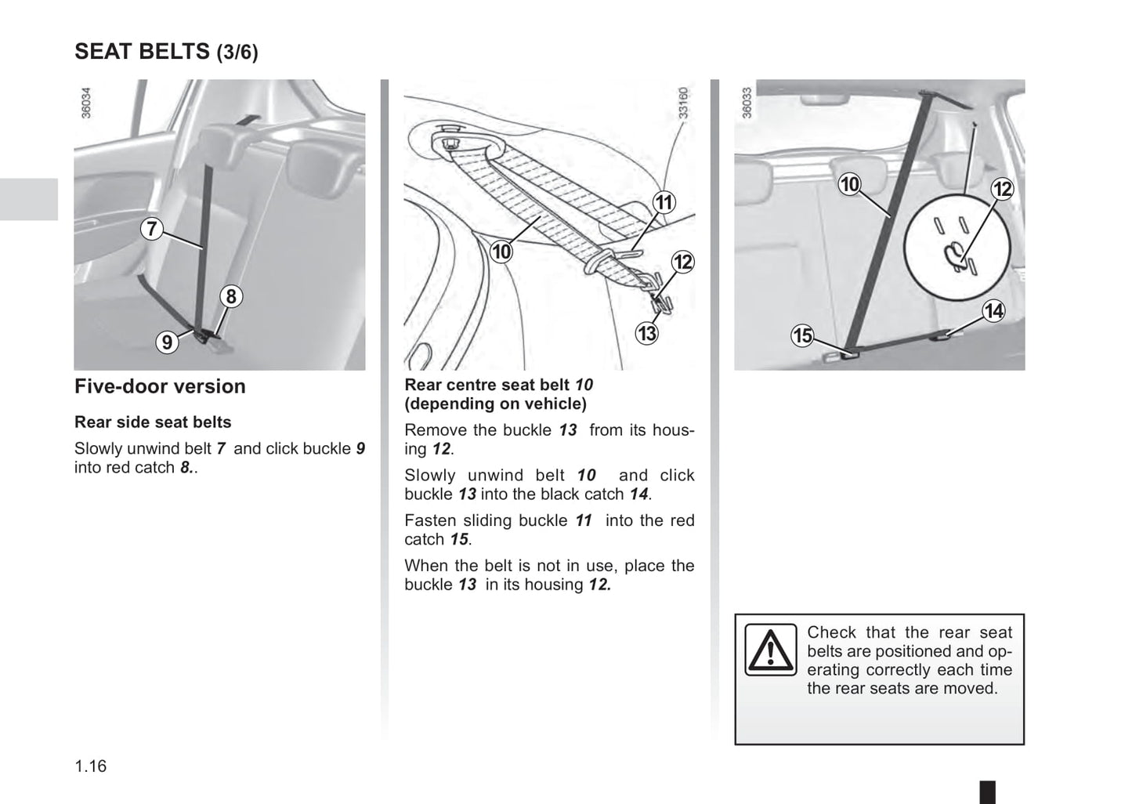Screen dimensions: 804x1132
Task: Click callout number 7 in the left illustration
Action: point(152,230)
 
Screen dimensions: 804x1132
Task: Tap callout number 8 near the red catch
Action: point(230,296)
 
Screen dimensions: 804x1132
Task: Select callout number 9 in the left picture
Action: point(167,342)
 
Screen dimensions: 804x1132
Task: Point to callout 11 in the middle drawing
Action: point(664,203)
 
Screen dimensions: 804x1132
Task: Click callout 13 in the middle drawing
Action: point(646,334)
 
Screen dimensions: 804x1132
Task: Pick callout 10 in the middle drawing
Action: point(501,252)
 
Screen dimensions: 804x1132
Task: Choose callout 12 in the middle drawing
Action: point(683,262)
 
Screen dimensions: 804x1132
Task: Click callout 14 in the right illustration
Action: point(993,312)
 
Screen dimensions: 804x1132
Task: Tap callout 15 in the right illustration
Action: point(802,336)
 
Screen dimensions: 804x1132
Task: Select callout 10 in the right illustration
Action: point(849,185)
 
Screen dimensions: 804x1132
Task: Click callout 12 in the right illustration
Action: point(1002,189)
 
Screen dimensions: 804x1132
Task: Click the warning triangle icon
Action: point(770,650)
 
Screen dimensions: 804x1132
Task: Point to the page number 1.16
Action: point(91,766)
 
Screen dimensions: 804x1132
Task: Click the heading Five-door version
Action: point(160,386)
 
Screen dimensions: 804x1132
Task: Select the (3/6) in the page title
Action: point(237,53)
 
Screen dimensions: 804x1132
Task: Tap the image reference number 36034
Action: point(86,103)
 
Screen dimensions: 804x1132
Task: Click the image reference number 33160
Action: point(683,103)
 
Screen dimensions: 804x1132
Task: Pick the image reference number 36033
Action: point(747,103)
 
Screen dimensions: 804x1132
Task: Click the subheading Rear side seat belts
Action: point(153,422)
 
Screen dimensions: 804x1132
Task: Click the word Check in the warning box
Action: point(831,632)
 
